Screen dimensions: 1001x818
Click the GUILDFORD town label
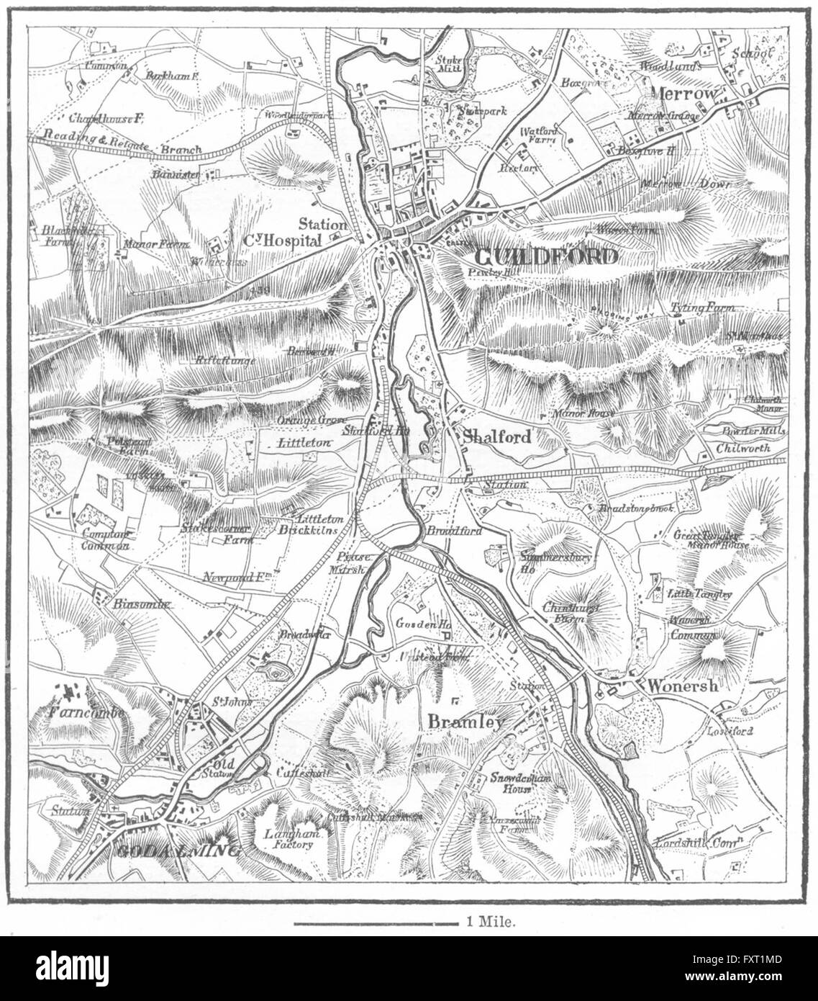tap(545, 257)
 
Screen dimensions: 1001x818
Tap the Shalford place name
tap(497, 437)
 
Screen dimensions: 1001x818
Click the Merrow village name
tap(684, 94)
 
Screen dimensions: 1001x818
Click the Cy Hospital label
tap(281, 243)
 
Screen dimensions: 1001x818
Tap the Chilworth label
tap(742, 448)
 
